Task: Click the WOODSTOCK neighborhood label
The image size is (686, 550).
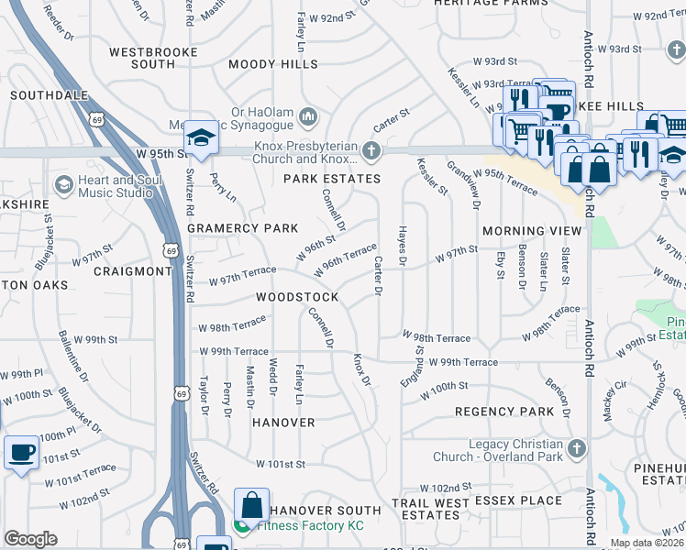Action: [296, 297]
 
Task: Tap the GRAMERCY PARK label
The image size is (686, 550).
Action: [243, 227]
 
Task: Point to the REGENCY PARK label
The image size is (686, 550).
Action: [504, 412]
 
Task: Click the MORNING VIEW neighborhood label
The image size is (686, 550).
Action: [532, 230]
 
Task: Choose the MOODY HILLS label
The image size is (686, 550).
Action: [273, 64]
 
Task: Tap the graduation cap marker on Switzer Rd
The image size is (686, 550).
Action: [200, 138]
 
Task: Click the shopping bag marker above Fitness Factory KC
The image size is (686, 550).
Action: [250, 505]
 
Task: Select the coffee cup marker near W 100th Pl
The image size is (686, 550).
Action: [21, 453]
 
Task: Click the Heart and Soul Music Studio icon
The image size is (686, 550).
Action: [63, 184]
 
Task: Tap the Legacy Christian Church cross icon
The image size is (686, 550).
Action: [575, 448]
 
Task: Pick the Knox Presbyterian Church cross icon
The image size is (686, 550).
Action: [371, 149]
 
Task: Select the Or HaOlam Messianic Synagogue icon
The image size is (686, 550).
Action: [307, 117]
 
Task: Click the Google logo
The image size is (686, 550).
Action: [31, 539]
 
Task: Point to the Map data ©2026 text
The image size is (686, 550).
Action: [647, 543]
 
